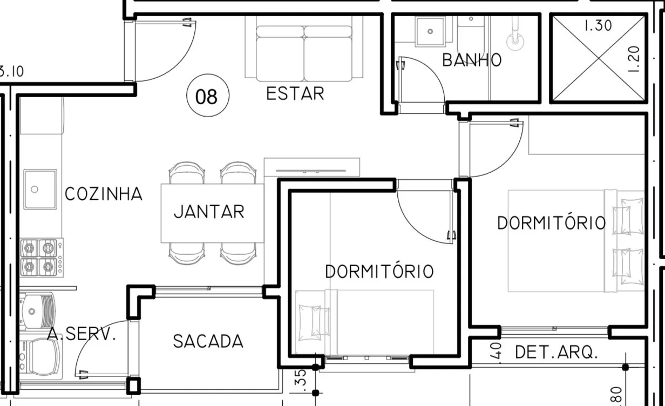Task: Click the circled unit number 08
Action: click(208, 96)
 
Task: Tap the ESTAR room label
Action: click(295, 93)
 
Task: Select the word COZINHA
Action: click(104, 194)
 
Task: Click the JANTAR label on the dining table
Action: click(209, 212)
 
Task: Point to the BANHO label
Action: click(472, 60)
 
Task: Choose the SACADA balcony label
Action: click(208, 341)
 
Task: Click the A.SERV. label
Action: click(82, 334)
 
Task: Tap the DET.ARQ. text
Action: click(557, 352)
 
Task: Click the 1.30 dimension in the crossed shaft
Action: click(598, 25)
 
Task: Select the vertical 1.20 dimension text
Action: click(634, 59)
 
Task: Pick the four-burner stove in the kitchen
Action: click(42, 258)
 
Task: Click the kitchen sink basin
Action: click(40, 189)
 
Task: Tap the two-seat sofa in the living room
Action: click(304, 49)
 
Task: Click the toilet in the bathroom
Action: click(471, 35)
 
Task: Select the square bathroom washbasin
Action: click(430, 31)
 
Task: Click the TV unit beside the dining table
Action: click(312, 167)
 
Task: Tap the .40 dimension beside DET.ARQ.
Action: click(496, 351)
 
